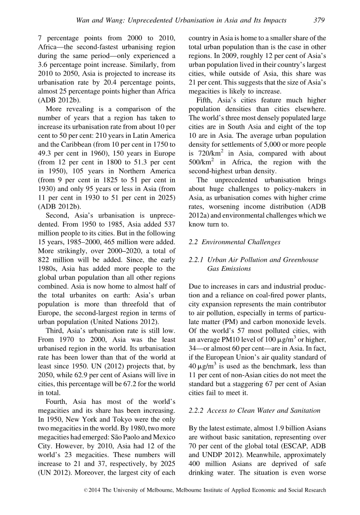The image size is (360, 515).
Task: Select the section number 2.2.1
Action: (198, 260)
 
